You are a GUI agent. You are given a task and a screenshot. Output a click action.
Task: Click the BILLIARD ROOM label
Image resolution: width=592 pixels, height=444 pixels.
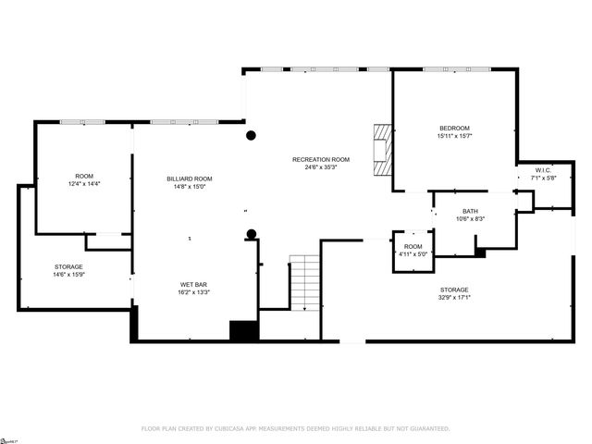[190, 179]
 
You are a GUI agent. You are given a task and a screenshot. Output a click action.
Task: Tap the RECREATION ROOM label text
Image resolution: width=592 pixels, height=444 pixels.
[321, 160]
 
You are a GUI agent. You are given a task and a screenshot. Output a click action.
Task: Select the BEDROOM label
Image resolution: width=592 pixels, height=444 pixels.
[454, 129]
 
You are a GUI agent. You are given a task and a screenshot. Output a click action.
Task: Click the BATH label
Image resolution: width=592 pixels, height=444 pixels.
[471, 211]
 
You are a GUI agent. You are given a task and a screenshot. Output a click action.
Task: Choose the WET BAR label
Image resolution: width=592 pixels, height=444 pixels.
[193, 284]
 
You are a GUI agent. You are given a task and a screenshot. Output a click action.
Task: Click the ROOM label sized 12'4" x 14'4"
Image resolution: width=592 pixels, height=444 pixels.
[84, 176]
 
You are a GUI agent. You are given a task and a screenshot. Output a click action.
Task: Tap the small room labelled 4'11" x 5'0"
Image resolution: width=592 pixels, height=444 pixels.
[413, 247]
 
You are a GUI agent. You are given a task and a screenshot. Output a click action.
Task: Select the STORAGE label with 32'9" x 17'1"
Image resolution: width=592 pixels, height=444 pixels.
[453, 290]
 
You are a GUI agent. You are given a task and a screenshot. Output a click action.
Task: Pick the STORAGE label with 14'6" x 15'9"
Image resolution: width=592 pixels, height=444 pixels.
[68, 266]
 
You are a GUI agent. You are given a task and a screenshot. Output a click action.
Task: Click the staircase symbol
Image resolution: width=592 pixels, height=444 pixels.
[304, 282]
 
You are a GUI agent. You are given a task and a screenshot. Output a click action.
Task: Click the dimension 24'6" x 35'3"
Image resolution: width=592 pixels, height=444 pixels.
[321, 167]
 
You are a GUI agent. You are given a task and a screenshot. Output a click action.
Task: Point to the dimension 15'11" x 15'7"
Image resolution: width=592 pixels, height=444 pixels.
[454, 136]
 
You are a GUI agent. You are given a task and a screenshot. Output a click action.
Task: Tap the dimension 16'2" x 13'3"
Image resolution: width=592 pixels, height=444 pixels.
[193, 291]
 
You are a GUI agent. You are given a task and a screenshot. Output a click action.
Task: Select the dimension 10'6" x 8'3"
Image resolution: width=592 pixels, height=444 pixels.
[471, 218]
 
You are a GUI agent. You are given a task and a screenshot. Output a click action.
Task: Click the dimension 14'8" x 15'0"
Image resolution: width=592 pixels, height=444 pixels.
[190, 186]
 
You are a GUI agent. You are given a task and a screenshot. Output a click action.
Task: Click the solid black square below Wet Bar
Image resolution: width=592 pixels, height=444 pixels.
[244, 331]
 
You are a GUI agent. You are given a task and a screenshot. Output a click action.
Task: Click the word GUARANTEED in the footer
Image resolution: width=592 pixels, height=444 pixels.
[428, 429]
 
